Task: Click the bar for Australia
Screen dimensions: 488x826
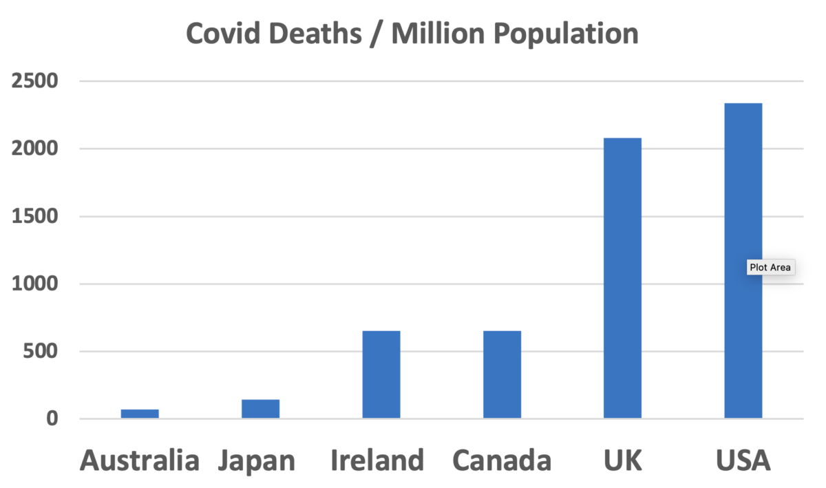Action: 140,414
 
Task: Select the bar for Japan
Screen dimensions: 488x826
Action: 260,409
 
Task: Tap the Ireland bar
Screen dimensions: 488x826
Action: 381,374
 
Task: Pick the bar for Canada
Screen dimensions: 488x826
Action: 502,374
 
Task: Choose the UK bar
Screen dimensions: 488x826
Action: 622,278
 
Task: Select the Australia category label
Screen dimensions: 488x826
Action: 140,460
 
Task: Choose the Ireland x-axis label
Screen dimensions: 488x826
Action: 377,460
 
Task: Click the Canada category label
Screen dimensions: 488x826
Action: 502,460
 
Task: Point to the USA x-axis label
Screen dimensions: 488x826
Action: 743,460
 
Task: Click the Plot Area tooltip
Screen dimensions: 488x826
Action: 771,267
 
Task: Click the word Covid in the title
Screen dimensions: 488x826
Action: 224,34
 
